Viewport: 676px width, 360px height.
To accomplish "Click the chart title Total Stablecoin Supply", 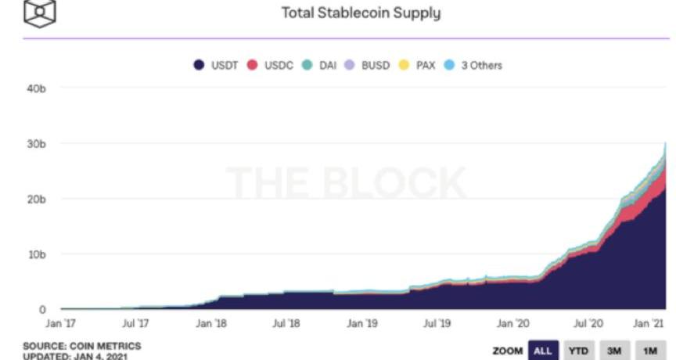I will (361, 13).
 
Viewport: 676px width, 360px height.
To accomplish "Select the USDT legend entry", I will (217, 65).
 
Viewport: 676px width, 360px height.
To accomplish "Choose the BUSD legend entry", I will (367, 65).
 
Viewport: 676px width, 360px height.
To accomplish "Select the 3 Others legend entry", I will (473, 65).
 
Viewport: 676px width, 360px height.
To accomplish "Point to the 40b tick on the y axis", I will (37, 89).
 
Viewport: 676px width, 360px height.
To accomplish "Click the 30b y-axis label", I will (37, 144).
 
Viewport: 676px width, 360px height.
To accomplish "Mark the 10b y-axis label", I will (37, 254).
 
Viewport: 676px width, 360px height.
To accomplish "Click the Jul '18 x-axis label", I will (287, 322).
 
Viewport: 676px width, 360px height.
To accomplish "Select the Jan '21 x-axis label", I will (649, 322).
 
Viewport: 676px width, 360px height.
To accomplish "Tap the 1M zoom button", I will (650, 351).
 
